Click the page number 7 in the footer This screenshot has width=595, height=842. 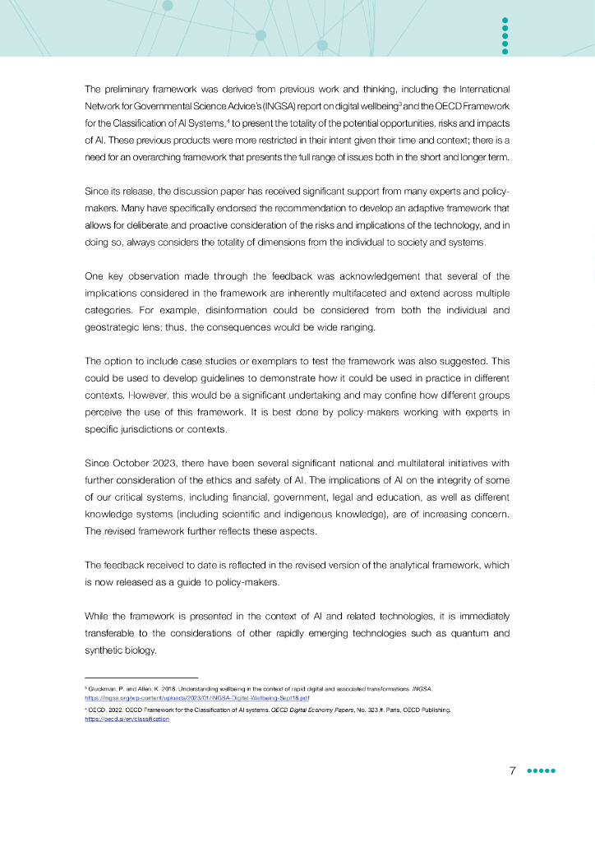pyautogui.click(x=512, y=771)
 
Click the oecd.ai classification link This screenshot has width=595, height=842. pyautogui.click(x=127, y=718)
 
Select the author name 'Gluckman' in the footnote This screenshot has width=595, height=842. pyautogui.click(x=105, y=687)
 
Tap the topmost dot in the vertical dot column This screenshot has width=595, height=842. pyautogui.click(x=505, y=20)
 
